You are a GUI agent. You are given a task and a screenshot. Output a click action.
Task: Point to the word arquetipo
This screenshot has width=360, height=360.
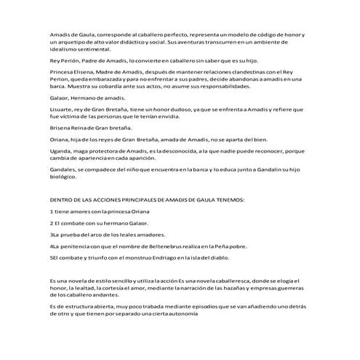72,41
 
